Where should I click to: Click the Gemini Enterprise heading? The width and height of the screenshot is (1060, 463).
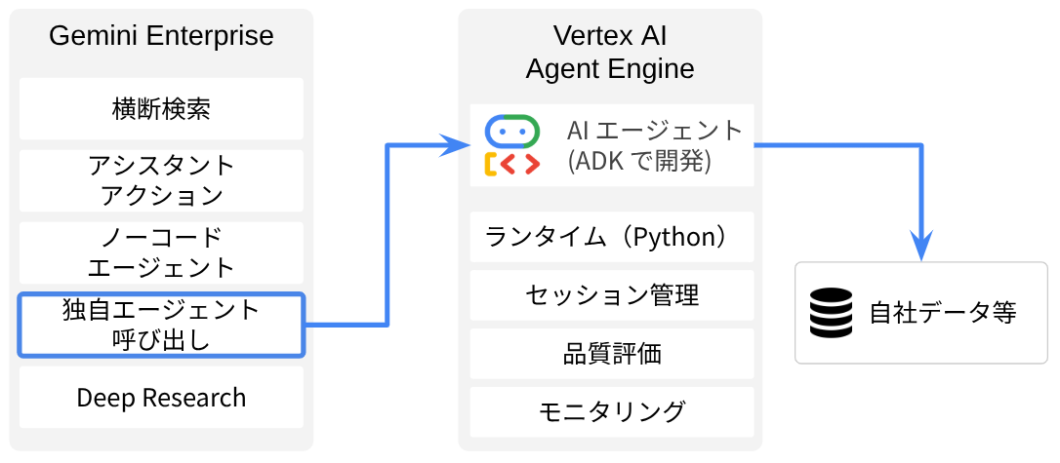pyautogui.click(x=161, y=36)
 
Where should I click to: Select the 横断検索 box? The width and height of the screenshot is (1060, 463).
pyautogui.click(x=161, y=108)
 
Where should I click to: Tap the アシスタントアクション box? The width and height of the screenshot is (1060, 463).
pyautogui.click(x=161, y=180)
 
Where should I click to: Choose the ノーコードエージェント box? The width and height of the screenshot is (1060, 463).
pyautogui.click(x=161, y=252)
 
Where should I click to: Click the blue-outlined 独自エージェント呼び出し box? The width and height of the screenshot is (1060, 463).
pyautogui.click(x=161, y=325)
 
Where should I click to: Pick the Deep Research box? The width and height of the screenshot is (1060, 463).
pyautogui.click(x=161, y=398)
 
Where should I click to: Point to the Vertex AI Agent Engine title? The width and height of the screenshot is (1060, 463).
pyautogui.click(x=610, y=52)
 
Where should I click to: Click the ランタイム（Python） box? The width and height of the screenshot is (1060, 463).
pyautogui.click(x=611, y=237)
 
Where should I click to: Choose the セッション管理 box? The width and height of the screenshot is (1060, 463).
pyautogui.click(x=611, y=295)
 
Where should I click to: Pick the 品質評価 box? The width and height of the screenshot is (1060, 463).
pyautogui.click(x=611, y=354)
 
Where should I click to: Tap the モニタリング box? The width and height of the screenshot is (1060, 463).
pyautogui.click(x=611, y=411)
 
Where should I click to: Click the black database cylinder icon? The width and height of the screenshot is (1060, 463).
pyautogui.click(x=831, y=313)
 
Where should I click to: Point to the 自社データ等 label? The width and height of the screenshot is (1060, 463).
pyautogui.click(x=943, y=313)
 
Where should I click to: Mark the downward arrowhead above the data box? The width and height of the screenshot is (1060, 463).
pyautogui.click(x=920, y=246)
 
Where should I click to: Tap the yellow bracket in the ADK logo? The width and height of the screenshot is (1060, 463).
pyautogui.click(x=490, y=164)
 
